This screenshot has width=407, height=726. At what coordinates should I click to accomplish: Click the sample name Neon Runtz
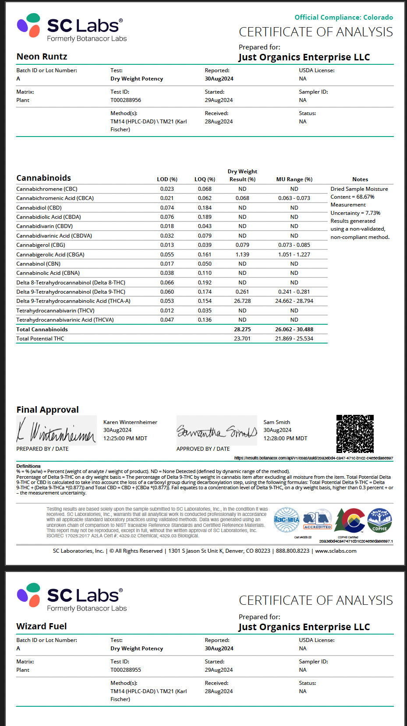pyautogui.click(x=42, y=56)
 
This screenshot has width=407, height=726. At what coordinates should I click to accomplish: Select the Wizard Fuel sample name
pyautogui.click(x=42, y=626)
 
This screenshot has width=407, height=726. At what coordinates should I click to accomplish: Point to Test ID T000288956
pyautogui.click(x=126, y=100)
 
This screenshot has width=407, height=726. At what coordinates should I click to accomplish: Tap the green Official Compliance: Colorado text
pyautogui.click(x=343, y=18)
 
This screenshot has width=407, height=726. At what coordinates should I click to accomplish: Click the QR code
pyautogui.click(x=355, y=434)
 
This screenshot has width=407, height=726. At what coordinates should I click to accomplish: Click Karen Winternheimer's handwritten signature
pyautogui.click(x=56, y=431)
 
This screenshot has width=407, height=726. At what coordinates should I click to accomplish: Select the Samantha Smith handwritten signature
pyautogui.click(x=216, y=431)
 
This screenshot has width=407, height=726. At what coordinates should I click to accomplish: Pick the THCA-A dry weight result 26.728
pyautogui.click(x=242, y=301)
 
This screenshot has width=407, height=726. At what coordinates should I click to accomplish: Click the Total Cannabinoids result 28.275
pyautogui.click(x=242, y=330)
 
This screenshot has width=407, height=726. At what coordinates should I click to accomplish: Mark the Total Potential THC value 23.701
pyautogui.click(x=242, y=339)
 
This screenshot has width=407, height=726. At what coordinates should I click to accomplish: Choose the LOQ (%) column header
pyautogui.click(x=205, y=179)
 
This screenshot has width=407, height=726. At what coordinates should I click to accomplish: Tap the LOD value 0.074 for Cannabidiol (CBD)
pyautogui.click(x=167, y=208)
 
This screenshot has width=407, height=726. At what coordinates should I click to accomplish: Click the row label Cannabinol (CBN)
pyautogui.click(x=39, y=264)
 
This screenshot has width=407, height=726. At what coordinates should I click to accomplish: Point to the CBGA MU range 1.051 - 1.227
pyautogui.click(x=294, y=255)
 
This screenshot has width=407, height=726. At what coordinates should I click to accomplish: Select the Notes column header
pyautogui.click(x=360, y=179)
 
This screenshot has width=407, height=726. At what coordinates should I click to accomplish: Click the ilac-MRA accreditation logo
pyautogui.click(x=286, y=520)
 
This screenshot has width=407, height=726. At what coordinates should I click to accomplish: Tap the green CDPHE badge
pyautogui.click(x=379, y=520)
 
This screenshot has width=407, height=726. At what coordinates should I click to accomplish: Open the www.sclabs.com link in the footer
pyautogui.click(x=336, y=551)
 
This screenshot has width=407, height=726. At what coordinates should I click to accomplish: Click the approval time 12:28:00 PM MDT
pyautogui.click(x=285, y=438)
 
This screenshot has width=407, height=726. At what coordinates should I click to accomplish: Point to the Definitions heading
pyautogui.click(x=28, y=466)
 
